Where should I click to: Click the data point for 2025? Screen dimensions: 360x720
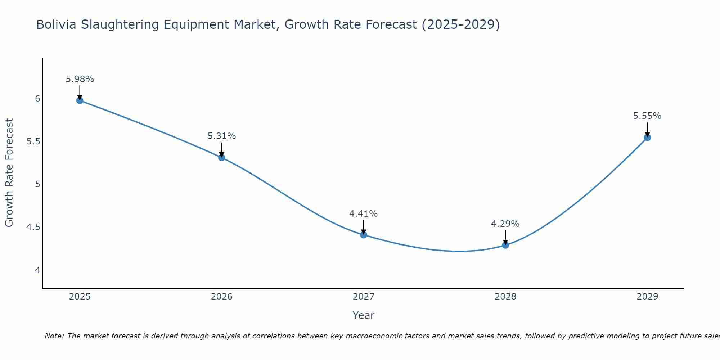[x=80, y=100]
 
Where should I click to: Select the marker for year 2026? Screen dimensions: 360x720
[x=221, y=157]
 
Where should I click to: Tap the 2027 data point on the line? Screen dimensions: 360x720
[x=364, y=235]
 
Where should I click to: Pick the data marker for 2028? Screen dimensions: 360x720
[x=505, y=245]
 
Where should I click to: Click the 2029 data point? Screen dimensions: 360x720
[x=647, y=137]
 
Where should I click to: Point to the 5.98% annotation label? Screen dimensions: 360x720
[x=80, y=79]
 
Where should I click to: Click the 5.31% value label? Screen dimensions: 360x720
[x=221, y=136]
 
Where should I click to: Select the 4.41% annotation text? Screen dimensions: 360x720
[x=364, y=214]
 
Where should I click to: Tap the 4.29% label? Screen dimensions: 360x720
[x=505, y=224]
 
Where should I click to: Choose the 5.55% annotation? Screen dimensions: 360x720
[x=647, y=116]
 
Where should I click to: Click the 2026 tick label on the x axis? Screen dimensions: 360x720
[x=221, y=297]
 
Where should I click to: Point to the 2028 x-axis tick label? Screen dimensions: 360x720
[x=505, y=297]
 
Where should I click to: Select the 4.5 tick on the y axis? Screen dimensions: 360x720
[x=33, y=227]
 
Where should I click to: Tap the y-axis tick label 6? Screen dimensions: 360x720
[x=37, y=98]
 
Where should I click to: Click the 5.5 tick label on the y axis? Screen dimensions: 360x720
[x=33, y=141]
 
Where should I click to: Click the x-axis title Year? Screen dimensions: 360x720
[x=363, y=315]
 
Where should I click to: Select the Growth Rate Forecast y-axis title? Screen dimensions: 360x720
[x=9, y=173]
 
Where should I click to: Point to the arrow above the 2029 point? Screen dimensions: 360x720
[x=647, y=130]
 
